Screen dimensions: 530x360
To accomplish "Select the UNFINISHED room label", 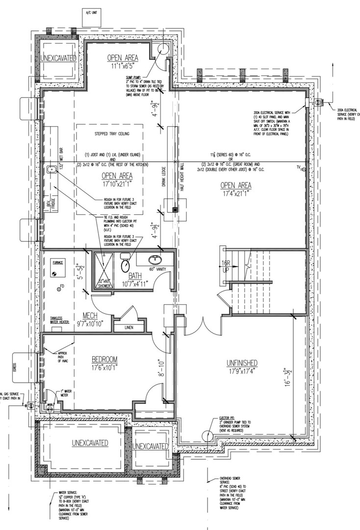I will (x=242, y=363).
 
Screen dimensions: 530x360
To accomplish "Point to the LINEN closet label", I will (x=129, y=327).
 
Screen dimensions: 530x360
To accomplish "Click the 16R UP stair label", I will (x=226, y=267).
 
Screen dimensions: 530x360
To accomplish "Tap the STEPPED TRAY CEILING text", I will (x=109, y=132).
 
